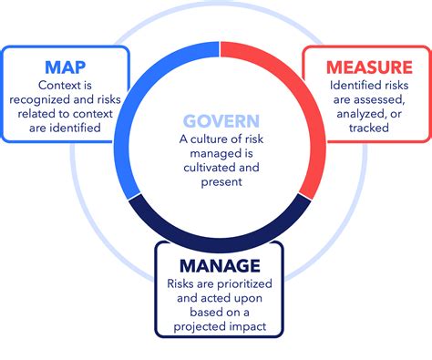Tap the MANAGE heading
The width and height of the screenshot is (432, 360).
pyautogui.click(x=218, y=266)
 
